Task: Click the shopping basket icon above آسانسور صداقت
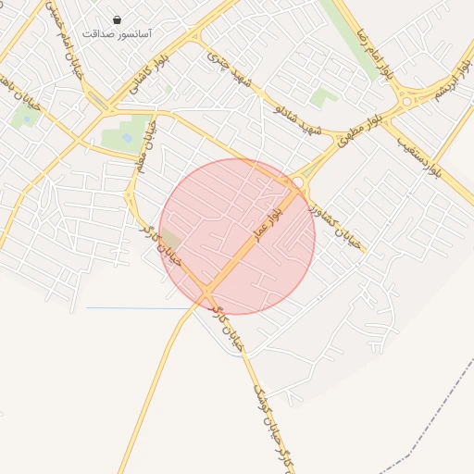117,19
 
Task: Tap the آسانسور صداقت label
117,33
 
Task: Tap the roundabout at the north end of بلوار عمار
297,183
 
